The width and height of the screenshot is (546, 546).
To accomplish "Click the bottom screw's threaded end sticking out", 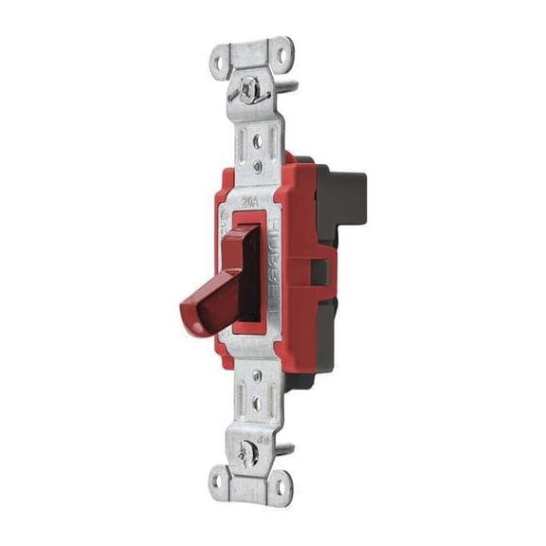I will pos(288,457).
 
